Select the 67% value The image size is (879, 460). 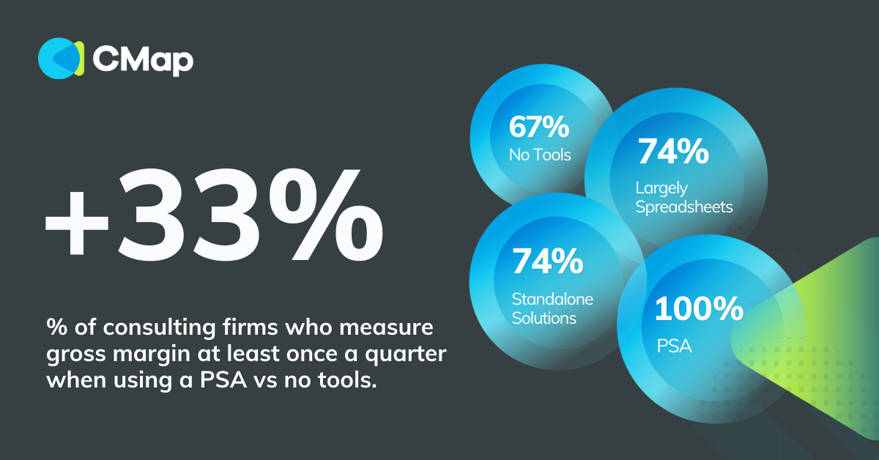tap(539, 127)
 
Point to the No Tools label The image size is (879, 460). tap(540, 155)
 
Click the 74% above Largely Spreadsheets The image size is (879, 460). tap(672, 152)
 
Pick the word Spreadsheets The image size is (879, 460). tap(683, 207)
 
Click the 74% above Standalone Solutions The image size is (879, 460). tap(547, 261)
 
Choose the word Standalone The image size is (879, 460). tap(552, 299)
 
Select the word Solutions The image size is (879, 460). tap(544, 318)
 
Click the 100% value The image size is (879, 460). tap(698, 309)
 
